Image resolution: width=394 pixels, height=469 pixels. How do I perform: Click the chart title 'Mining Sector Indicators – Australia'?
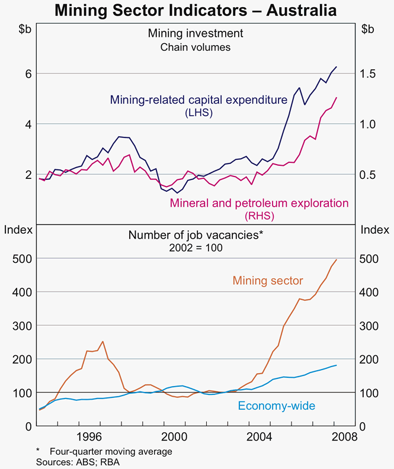pos(196,11)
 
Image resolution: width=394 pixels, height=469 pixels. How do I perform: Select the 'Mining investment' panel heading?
pos(196,33)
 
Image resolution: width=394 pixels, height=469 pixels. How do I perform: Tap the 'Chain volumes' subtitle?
pos(196,47)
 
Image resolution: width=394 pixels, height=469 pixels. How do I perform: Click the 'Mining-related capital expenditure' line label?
pos(198,100)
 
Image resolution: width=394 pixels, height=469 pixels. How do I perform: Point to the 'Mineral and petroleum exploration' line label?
pos(259,203)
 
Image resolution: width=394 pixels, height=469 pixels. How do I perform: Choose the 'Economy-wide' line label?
pos(276,406)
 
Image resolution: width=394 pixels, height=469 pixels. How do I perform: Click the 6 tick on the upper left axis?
pos(27,74)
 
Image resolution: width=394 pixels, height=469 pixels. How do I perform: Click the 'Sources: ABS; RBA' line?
pos(78,462)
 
